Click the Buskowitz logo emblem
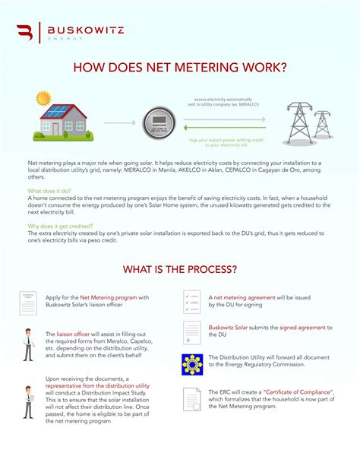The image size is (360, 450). pyautogui.click(x=24, y=33)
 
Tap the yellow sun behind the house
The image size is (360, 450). pyautogui.click(x=43, y=100)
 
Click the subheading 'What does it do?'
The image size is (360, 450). pyautogui.click(x=50, y=191)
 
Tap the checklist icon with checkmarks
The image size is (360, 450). pyautogui.click(x=191, y=302)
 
